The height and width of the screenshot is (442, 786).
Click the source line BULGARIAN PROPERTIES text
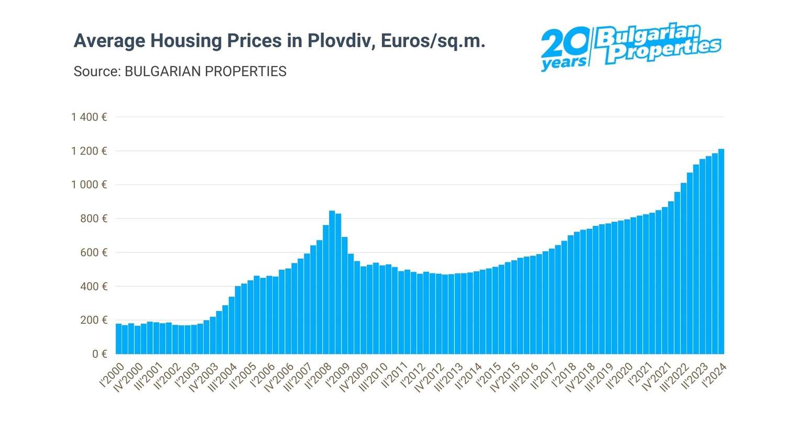(x=205, y=71)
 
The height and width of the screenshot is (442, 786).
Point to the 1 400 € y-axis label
(x=89, y=117)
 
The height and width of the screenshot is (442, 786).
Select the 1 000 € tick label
(x=89, y=184)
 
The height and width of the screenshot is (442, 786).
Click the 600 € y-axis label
(x=94, y=252)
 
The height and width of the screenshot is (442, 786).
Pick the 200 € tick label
(x=94, y=320)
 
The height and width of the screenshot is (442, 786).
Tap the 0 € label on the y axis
(x=100, y=354)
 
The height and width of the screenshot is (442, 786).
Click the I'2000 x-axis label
(x=112, y=375)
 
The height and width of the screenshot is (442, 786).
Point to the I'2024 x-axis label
(x=714, y=375)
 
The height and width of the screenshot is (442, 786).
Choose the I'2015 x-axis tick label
(x=488, y=375)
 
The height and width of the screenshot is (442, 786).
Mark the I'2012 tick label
(x=413, y=375)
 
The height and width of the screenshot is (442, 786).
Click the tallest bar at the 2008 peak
(x=332, y=283)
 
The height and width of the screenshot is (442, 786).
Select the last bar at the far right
(x=721, y=251)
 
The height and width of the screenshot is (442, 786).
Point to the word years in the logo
(x=564, y=63)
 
